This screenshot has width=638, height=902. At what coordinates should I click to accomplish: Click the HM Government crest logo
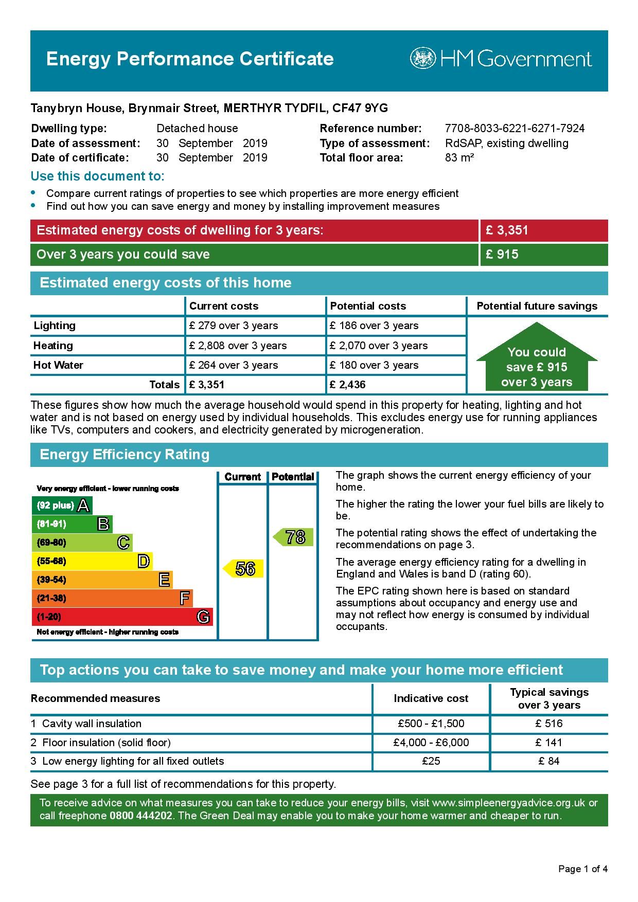[x=422, y=59]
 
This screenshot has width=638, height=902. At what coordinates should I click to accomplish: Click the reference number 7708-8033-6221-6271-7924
[x=515, y=129]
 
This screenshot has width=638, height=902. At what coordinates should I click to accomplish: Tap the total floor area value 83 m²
[x=459, y=158]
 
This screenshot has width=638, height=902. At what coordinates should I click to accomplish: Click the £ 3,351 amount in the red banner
[x=507, y=230]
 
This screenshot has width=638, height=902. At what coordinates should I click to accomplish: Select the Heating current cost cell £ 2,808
[x=238, y=346]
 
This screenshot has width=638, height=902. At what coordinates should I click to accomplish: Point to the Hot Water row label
[x=58, y=365]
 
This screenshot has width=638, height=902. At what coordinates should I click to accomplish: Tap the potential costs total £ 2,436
[x=348, y=385]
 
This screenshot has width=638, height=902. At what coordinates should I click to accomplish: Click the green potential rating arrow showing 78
[x=293, y=537]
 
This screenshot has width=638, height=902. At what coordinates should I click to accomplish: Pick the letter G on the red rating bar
[x=203, y=617]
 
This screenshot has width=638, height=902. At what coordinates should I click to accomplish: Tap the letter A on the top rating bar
[x=83, y=506]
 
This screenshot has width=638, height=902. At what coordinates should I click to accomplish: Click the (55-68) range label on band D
[x=51, y=561]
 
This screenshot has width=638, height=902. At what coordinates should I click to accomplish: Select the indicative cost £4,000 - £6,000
[x=431, y=743]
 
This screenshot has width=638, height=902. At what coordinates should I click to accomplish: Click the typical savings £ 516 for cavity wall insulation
[x=549, y=724]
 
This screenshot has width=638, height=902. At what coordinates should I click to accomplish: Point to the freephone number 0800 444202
[x=141, y=816]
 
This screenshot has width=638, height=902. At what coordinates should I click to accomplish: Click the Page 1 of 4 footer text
[x=583, y=869]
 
